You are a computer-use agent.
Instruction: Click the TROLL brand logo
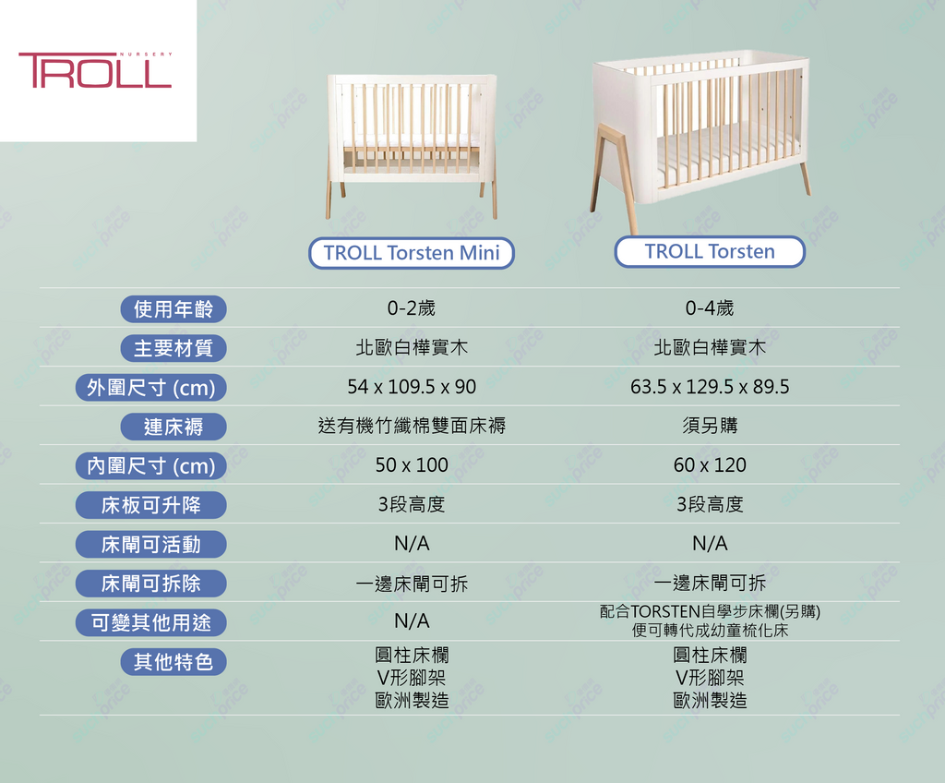click(x=95, y=70)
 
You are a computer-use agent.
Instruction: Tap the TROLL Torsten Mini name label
click(x=412, y=253)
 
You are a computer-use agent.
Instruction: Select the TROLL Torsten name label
click(x=710, y=251)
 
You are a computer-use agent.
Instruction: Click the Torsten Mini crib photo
click(x=412, y=146)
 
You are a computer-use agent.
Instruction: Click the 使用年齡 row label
click(x=173, y=308)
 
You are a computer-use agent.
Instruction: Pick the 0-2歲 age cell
click(x=412, y=308)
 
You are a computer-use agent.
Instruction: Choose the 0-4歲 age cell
click(x=710, y=308)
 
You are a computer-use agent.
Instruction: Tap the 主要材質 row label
click(x=173, y=348)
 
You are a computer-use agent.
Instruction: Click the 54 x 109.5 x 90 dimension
click(x=412, y=387)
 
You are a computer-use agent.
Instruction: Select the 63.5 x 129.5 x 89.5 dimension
click(x=710, y=387)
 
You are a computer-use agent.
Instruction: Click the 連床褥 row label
click(x=173, y=427)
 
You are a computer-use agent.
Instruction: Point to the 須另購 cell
click(x=710, y=426)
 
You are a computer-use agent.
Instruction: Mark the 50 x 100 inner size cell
click(x=412, y=465)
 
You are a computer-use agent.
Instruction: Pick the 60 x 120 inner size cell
click(x=710, y=465)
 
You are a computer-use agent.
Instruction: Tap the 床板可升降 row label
click(x=151, y=505)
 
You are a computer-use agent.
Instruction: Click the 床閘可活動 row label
click(x=151, y=544)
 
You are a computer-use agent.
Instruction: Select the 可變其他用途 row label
click(x=151, y=622)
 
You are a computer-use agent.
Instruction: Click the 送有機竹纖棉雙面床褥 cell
click(x=412, y=426)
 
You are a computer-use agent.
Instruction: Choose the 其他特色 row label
click(x=173, y=662)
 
